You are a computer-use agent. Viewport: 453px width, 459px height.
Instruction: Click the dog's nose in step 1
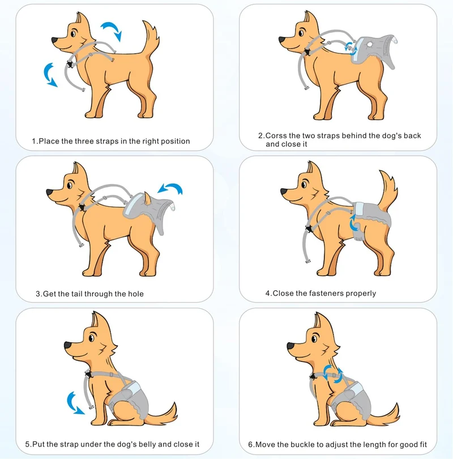(55, 40)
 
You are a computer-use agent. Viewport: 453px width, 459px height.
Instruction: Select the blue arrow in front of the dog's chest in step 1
(49, 75)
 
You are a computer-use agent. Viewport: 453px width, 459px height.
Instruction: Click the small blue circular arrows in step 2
(351, 48)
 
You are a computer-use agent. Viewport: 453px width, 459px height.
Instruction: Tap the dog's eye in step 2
(301, 33)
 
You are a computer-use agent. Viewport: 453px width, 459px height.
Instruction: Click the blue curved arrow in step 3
(170, 188)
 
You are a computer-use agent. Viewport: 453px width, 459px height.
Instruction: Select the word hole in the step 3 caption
(136, 294)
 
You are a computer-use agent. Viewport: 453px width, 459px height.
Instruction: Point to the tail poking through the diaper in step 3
(148, 198)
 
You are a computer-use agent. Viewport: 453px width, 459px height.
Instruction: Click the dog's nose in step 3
(49, 192)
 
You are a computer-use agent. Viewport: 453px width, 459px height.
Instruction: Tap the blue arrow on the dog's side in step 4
(354, 223)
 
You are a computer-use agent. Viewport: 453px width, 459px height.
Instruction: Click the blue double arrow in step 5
(74, 404)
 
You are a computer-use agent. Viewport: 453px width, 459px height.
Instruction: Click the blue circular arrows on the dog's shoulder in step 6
(333, 374)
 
